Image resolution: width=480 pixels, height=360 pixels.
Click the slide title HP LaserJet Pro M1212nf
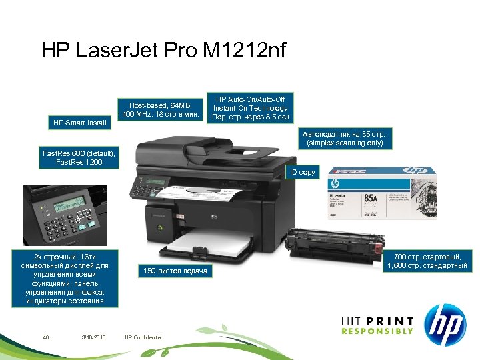(x=163, y=51)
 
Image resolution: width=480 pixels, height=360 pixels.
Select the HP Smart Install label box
(x=79, y=122)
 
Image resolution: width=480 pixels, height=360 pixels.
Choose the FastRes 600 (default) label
(x=79, y=158)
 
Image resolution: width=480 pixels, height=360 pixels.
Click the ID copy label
(x=302, y=172)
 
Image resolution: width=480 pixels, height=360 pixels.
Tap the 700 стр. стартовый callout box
(x=427, y=261)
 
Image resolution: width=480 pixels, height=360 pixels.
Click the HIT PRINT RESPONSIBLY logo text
(x=377, y=325)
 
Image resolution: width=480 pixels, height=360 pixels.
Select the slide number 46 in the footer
(x=46, y=336)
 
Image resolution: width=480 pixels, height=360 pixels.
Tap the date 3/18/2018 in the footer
(x=93, y=336)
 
